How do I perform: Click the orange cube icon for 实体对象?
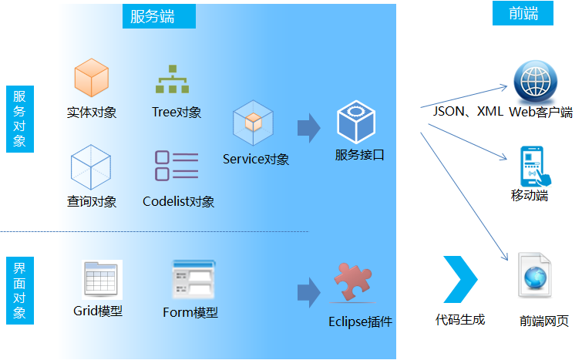pos(91,77)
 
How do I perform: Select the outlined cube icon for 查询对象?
pos(92,167)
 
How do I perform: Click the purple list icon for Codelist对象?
pos(177,166)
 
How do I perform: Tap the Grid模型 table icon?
pos(101,280)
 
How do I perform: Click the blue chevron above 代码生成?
pos(460,278)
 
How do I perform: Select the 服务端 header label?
pos(159,16)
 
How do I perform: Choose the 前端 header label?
pos(523,13)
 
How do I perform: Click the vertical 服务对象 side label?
pos(19,119)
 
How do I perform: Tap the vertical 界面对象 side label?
pos(19,291)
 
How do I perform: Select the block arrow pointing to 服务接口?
pos(309,128)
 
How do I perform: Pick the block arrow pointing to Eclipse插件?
pos(308,292)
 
